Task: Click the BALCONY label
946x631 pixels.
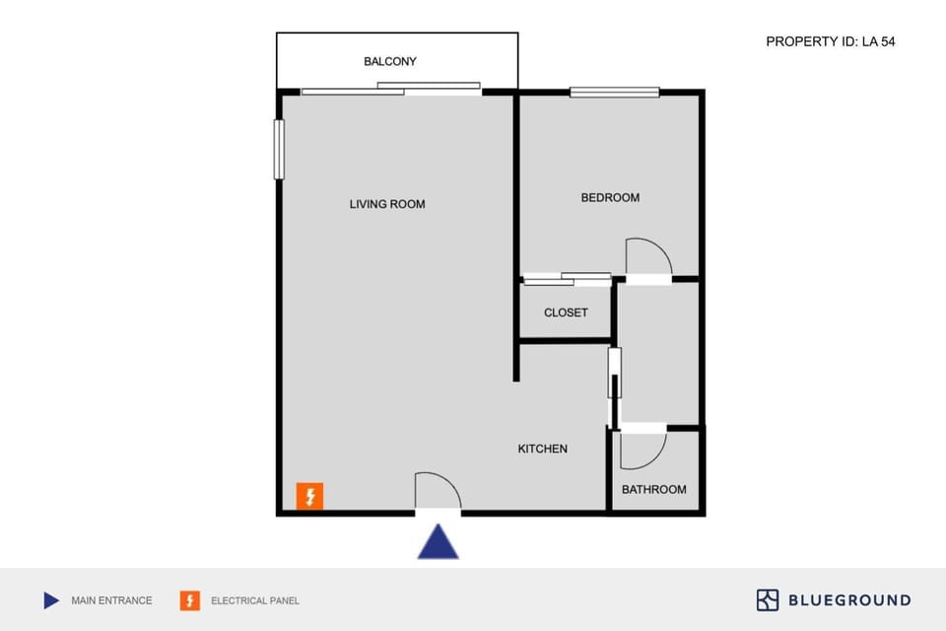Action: pyautogui.click(x=390, y=61)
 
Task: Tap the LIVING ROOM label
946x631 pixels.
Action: pyautogui.click(x=387, y=204)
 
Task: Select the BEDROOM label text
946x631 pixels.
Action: pyautogui.click(x=610, y=197)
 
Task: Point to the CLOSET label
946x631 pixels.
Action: pyautogui.click(x=566, y=313)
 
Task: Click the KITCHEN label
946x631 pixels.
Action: pyautogui.click(x=543, y=449)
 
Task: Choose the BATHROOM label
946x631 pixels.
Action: pyautogui.click(x=653, y=489)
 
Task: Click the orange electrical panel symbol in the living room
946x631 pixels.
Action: pyautogui.click(x=309, y=496)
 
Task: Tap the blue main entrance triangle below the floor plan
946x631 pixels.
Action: pyautogui.click(x=438, y=541)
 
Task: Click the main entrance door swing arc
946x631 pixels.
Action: pyautogui.click(x=439, y=491)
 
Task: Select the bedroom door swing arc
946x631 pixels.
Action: pyautogui.click(x=649, y=256)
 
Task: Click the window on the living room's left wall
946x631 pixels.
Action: pyautogui.click(x=279, y=149)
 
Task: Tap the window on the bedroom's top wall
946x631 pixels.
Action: pyautogui.click(x=614, y=93)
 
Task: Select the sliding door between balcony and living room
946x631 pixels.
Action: pyautogui.click(x=391, y=89)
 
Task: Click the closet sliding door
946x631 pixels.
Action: pyautogui.click(x=567, y=279)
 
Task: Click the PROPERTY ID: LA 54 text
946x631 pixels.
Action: pyautogui.click(x=830, y=41)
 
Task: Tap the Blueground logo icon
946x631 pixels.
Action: pyautogui.click(x=768, y=599)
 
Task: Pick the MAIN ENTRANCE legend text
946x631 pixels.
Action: pyautogui.click(x=111, y=600)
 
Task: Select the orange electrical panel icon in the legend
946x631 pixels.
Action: pyautogui.click(x=189, y=600)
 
